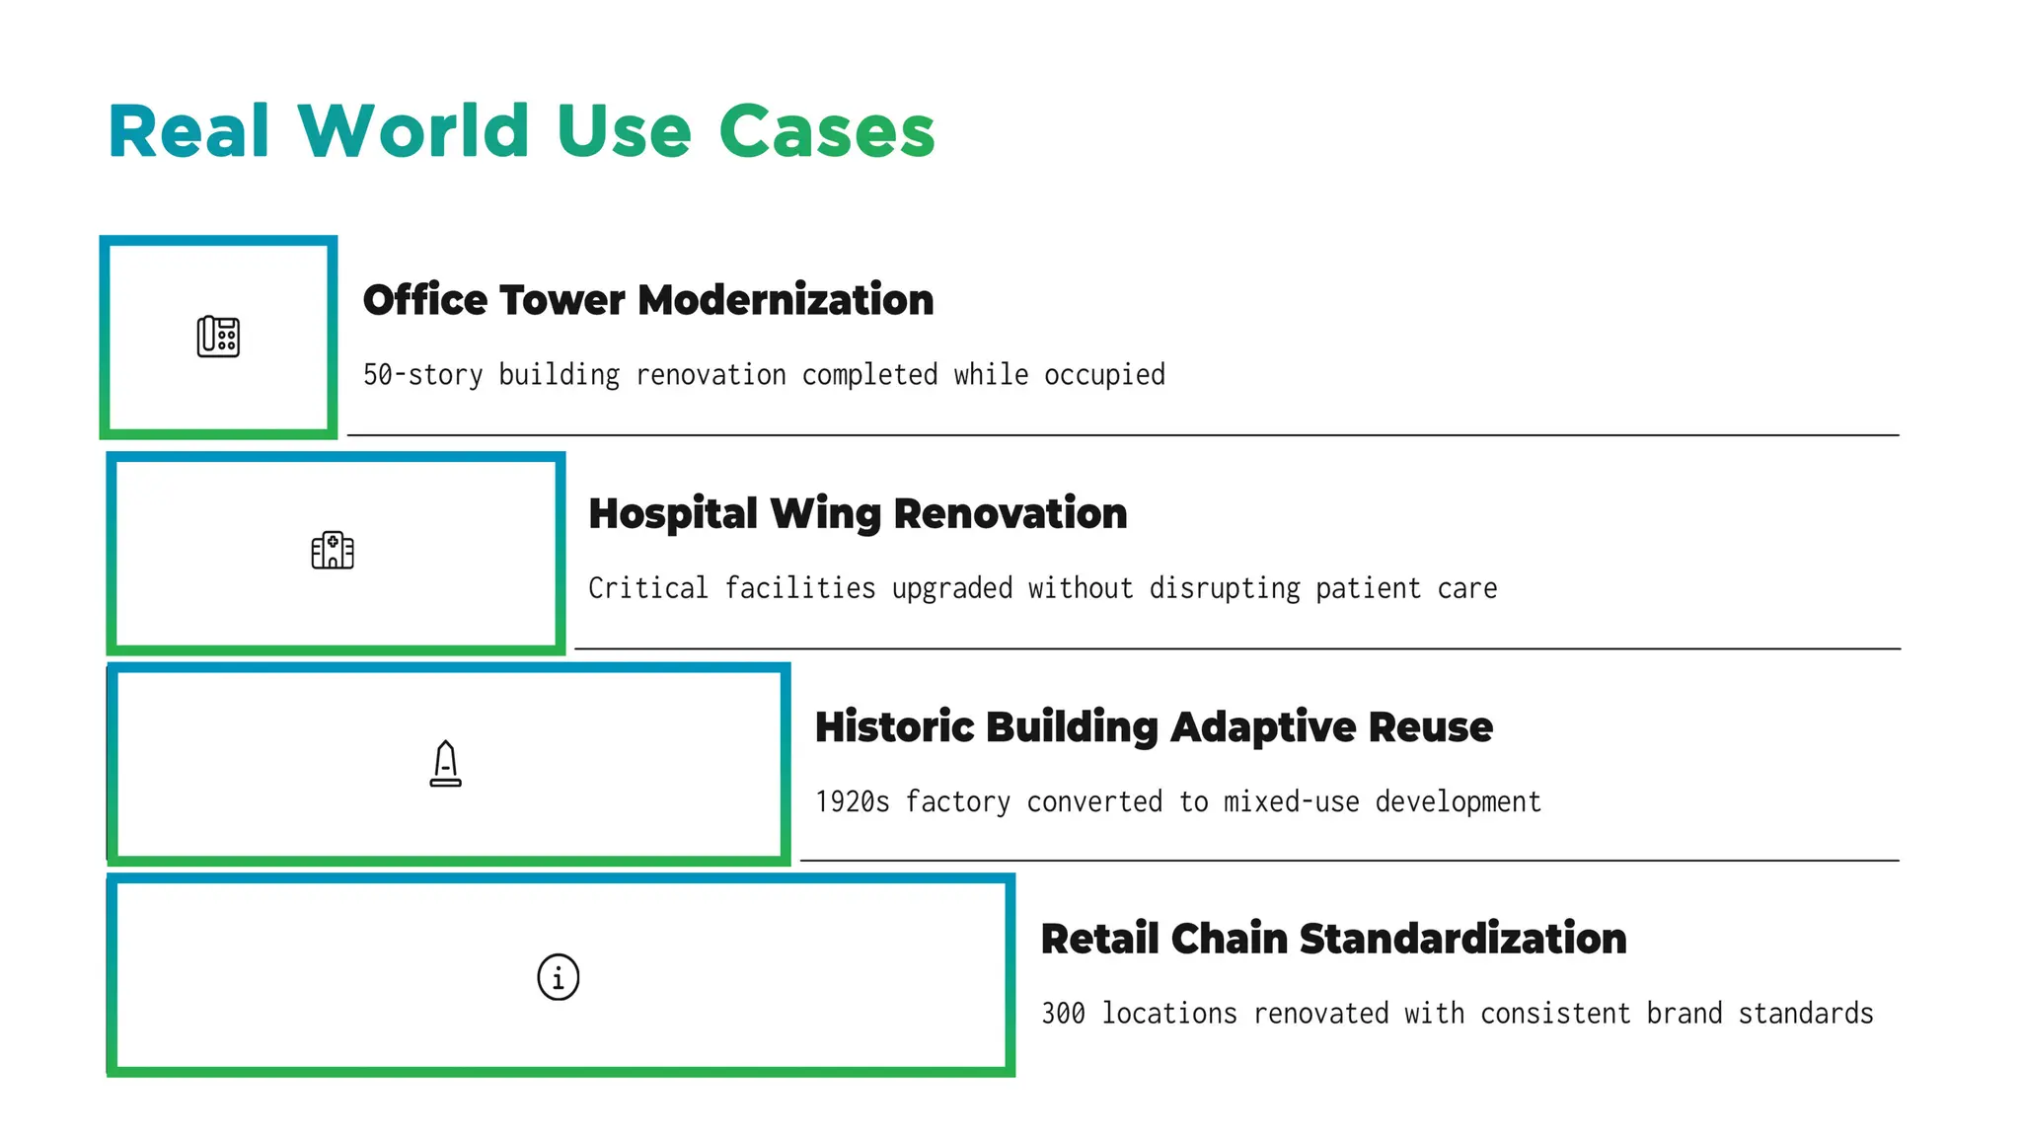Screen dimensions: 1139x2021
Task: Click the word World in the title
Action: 413,131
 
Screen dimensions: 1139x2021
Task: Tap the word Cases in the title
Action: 826,131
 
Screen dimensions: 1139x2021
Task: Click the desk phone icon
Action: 218,337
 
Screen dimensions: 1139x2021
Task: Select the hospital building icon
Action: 333,551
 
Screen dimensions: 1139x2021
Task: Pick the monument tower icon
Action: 445,764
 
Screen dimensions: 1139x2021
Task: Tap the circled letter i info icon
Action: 558,977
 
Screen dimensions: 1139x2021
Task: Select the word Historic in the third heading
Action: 894,727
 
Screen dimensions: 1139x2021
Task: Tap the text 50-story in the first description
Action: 422,375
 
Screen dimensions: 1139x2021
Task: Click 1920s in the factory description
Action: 852,801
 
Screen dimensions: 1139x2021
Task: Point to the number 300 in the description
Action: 1063,1014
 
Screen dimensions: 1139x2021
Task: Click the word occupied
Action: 1104,375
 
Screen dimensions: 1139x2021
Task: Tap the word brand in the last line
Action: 1684,1014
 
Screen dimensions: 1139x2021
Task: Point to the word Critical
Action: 647,589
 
